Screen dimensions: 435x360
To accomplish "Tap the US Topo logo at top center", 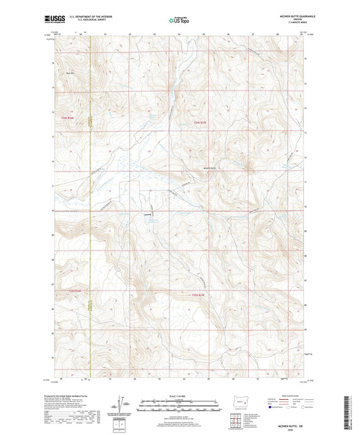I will (179, 20).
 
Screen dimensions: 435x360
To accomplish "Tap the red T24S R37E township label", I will (194, 122).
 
